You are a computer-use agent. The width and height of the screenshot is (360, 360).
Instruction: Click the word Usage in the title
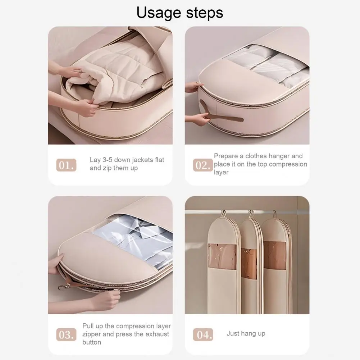click(x=158, y=13)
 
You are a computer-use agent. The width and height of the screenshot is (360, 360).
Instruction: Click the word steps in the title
click(x=205, y=13)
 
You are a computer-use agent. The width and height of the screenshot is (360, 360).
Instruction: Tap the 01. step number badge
click(x=66, y=165)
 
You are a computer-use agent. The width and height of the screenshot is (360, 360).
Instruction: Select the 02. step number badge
click(x=203, y=165)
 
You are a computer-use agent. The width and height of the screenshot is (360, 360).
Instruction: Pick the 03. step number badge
click(x=66, y=334)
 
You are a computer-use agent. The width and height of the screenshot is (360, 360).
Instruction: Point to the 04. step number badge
click(x=203, y=334)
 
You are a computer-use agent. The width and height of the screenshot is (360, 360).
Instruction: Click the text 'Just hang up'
click(x=246, y=333)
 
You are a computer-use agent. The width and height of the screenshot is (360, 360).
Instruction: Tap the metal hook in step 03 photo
click(x=64, y=287)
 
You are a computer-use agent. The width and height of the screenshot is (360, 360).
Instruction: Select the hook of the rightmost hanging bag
click(x=275, y=214)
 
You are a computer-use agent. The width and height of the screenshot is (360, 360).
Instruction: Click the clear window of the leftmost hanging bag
click(x=222, y=256)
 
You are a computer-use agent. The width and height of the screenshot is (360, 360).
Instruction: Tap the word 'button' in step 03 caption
click(x=92, y=342)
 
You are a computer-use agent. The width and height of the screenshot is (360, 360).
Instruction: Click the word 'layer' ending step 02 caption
click(x=221, y=172)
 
